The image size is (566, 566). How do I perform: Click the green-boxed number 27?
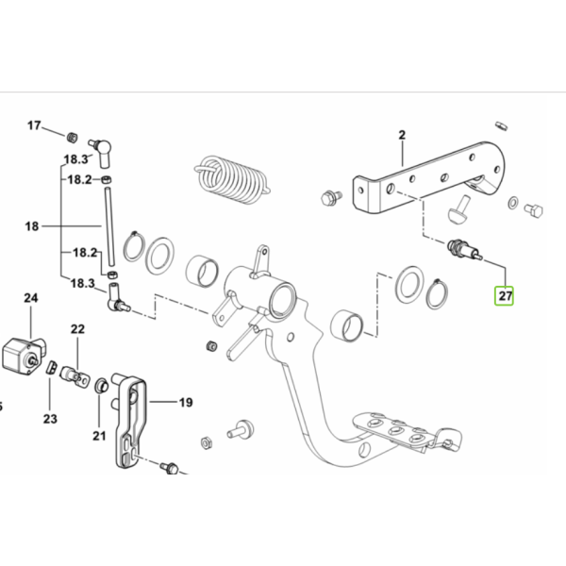click(x=505, y=295)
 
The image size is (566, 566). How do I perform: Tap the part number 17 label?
click(x=34, y=125)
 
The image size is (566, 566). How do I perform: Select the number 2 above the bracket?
click(x=402, y=135)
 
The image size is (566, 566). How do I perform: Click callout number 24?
click(x=31, y=298)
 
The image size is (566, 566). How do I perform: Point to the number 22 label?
click(x=77, y=329)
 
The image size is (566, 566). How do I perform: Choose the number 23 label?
click(x=50, y=419)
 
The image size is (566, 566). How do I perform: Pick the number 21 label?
click(x=99, y=436)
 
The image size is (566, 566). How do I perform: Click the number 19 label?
click(x=186, y=403)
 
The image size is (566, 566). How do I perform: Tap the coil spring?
click(x=232, y=179)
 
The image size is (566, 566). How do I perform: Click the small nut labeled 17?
click(x=73, y=137)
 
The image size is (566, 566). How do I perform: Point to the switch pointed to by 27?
click(x=464, y=250)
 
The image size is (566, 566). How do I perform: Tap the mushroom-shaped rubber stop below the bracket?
click(x=459, y=209)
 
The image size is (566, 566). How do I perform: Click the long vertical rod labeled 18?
click(x=109, y=226)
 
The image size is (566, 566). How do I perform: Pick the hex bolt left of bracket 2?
click(x=330, y=197)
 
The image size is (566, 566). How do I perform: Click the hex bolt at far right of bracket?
click(x=534, y=210)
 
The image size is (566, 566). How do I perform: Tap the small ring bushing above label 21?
click(x=101, y=386)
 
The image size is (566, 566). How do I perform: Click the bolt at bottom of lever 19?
click(x=169, y=468)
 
